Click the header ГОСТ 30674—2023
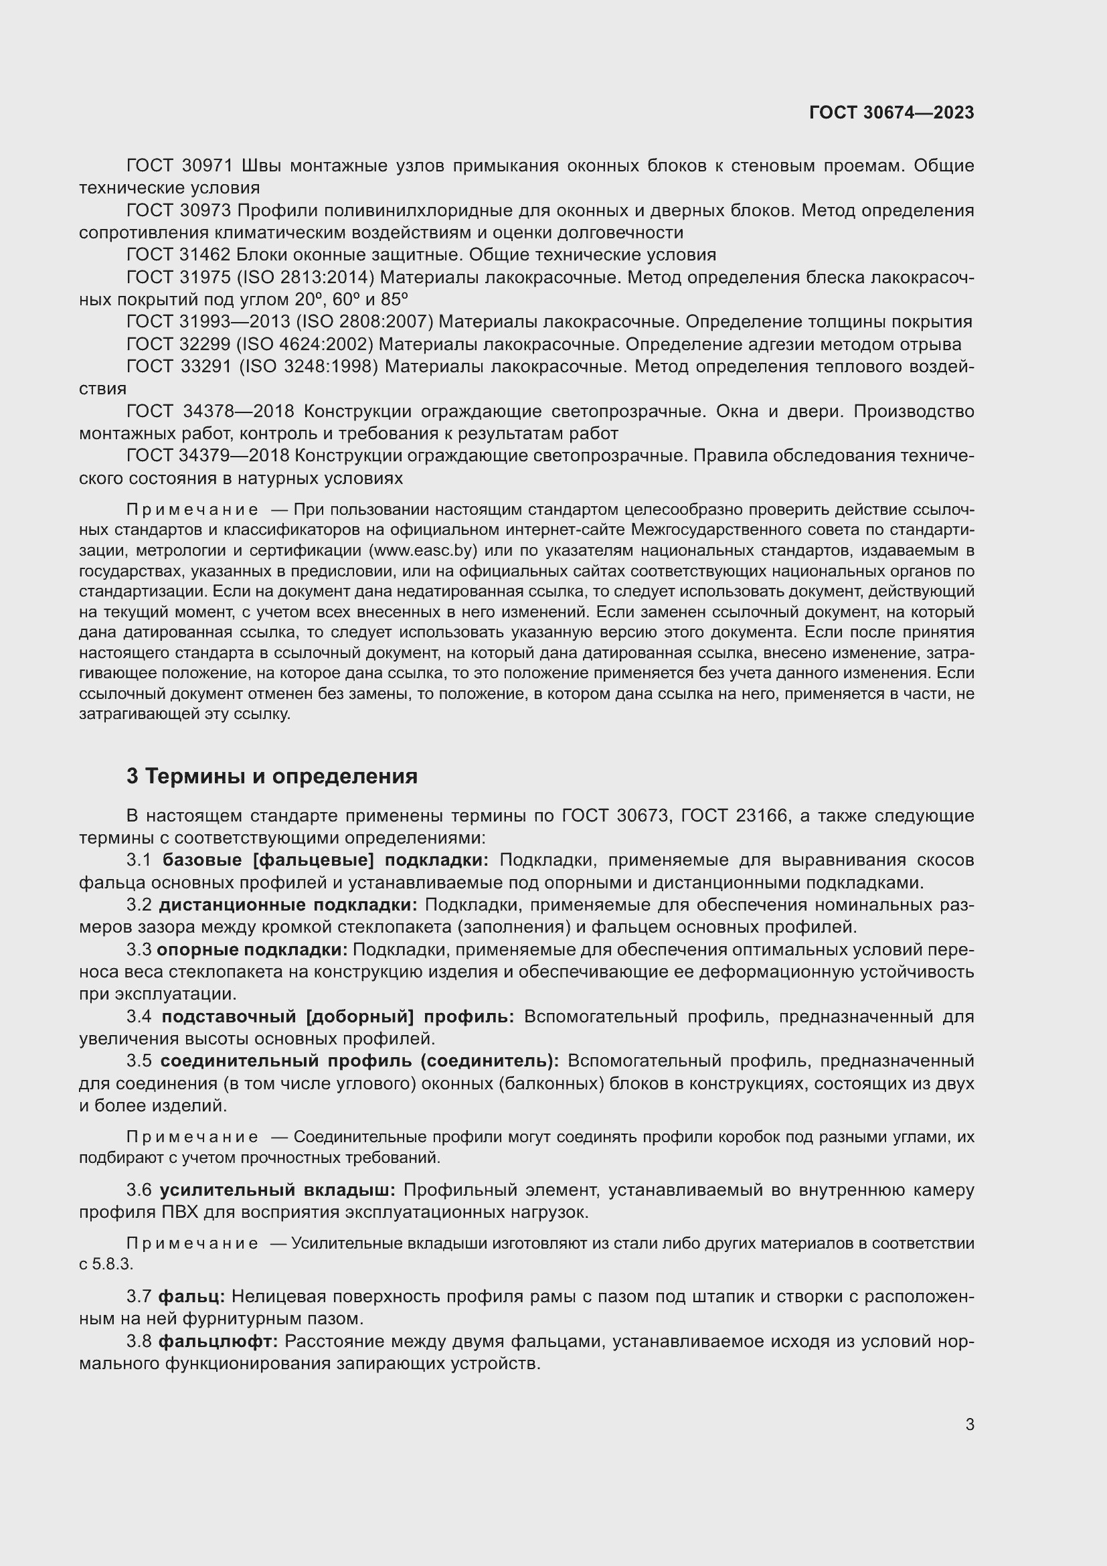[891, 112]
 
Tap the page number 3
[969, 1424]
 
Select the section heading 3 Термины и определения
[271, 776]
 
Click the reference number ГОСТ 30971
[180, 166]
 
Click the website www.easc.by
[422, 550]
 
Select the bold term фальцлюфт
[218, 1342]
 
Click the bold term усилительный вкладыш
[277, 1190]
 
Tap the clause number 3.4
[139, 1017]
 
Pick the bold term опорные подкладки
[252, 950]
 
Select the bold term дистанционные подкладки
[288, 905]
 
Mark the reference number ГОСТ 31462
[180, 255]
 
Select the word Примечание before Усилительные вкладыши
[192, 1243]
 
